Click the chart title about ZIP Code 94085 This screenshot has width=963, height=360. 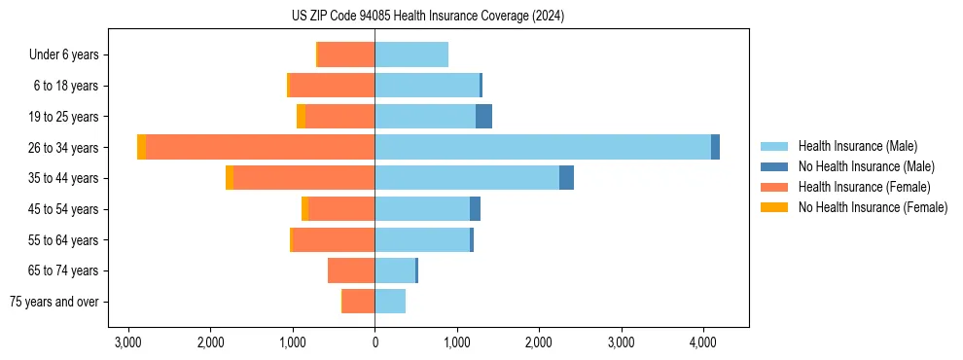click(x=427, y=17)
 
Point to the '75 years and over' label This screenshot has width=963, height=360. click(x=54, y=302)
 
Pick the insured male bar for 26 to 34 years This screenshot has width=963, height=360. click(x=543, y=147)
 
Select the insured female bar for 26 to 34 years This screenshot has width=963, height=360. click(x=261, y=147)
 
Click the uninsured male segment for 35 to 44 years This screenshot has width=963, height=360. click(x=566, y=178)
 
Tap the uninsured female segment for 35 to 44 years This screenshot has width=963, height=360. click(x=230, y=178)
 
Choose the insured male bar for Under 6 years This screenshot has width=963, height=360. click(x=411, y=54)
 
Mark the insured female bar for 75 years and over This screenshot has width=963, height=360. click(x=358, y=302)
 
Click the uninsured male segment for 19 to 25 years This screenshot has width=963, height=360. click(x=483, y=117)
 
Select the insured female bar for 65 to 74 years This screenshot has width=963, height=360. click(x=351, y=270)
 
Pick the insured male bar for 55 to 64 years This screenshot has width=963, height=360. click(x=422, y=239)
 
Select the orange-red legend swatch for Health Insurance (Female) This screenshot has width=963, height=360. click(x=775, y=187)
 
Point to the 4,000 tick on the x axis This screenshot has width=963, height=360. click(x=703, y=342)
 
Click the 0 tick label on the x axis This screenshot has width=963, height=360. click(x=374, y=342)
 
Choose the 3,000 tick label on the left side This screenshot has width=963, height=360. click(x=128, y=342)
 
